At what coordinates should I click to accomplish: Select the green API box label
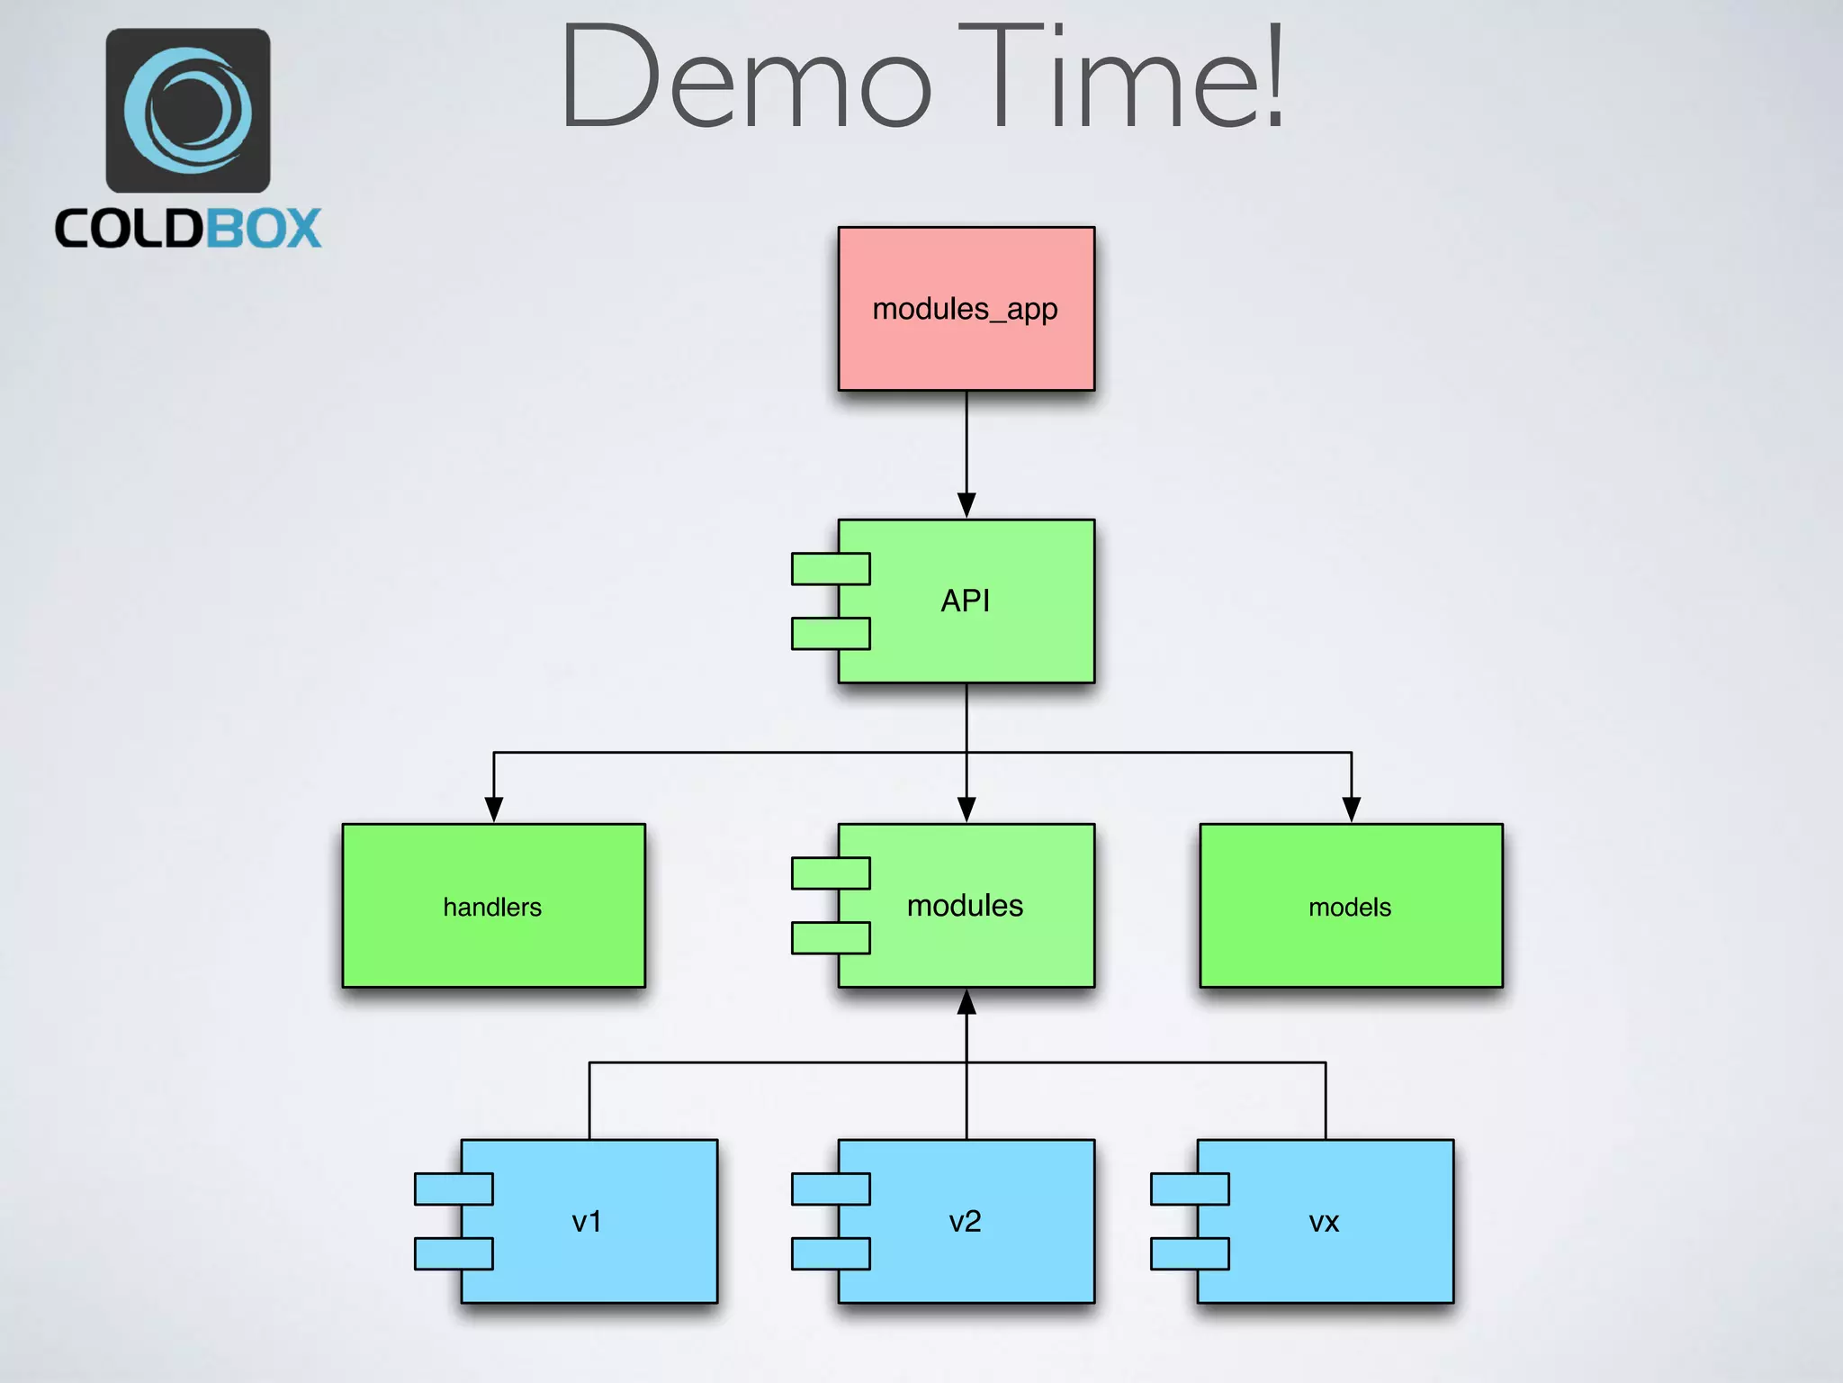pos(965,601)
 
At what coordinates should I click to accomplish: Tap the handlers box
pos(493,906)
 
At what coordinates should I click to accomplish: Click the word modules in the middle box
pos(965,905)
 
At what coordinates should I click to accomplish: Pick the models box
pos(1350,906)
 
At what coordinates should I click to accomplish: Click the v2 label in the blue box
pos(965,1222)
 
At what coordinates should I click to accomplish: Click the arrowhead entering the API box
pos(966,505)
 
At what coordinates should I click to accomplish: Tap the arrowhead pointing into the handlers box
pos(494,809)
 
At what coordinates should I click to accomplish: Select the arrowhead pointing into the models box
pos(1351,809)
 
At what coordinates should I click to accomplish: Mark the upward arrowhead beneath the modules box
pos(966,1002)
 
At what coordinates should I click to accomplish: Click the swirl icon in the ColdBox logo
pos(188,110)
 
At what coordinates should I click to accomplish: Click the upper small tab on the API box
pos(830,569)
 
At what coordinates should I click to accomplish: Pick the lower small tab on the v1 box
pos(453,1253)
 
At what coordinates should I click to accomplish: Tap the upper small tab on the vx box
pos(1189,1189)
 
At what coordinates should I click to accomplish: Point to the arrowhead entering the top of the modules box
pos(966,809)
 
